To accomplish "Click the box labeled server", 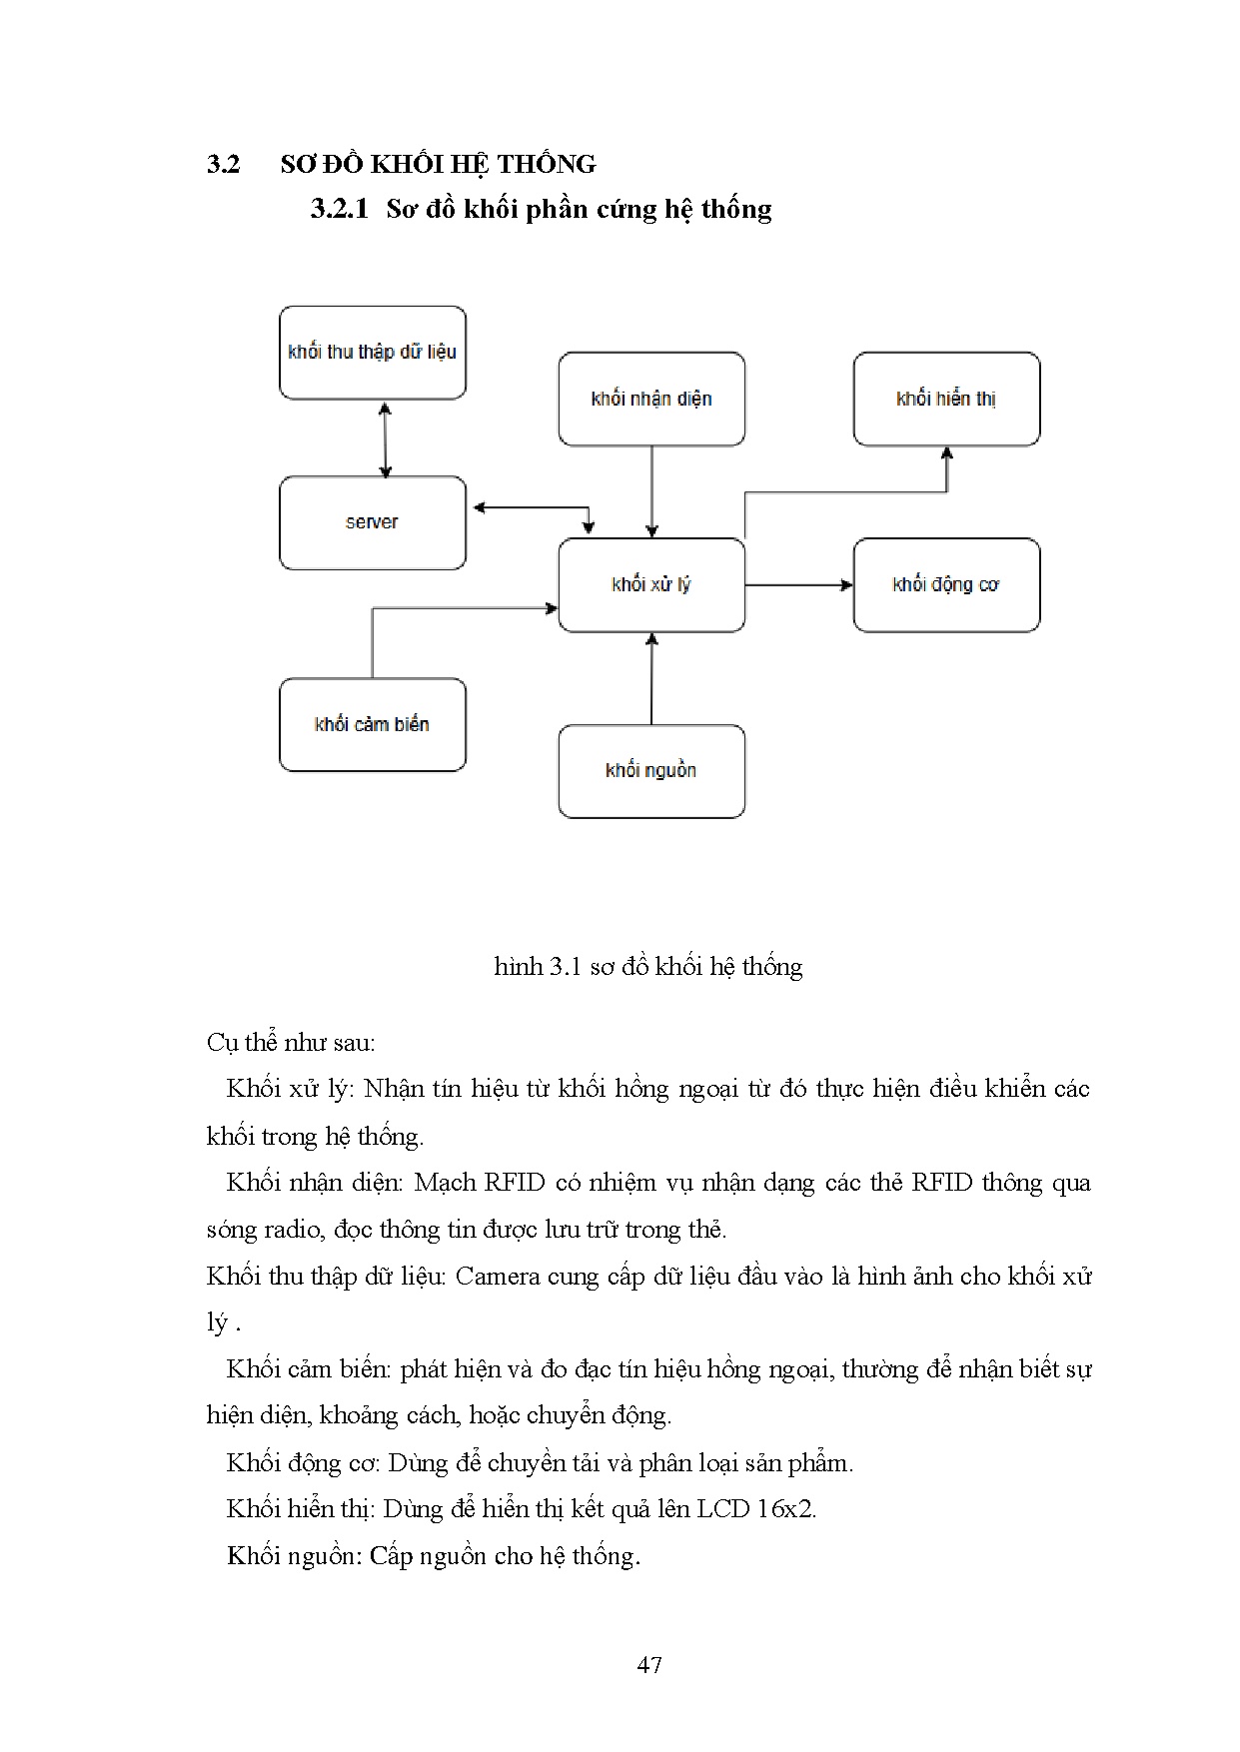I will click(x=372, y=522).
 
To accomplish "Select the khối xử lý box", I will click(x=651, y=585).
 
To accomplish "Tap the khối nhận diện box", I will click(x=651, y=399).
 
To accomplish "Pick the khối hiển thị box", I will click(x=946, y=399).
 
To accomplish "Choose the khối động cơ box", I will click(x=946, y=585).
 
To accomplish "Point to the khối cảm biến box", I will click(x=372, y=725).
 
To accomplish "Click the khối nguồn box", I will click(x=651, y=771).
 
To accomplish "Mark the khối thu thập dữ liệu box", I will click(x=372, y=353).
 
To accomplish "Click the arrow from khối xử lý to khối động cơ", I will click(x=798, y=585).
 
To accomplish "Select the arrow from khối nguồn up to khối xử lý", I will click(x=651, y=679).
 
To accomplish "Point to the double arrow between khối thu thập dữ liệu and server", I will click(x=386, y=438).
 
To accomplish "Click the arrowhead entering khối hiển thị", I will click(x=947, y=453).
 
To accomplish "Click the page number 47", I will click(x=649, y=1665).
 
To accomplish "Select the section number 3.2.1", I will click(x=340, y=209).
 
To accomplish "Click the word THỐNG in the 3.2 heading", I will click(x=547, y=164).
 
